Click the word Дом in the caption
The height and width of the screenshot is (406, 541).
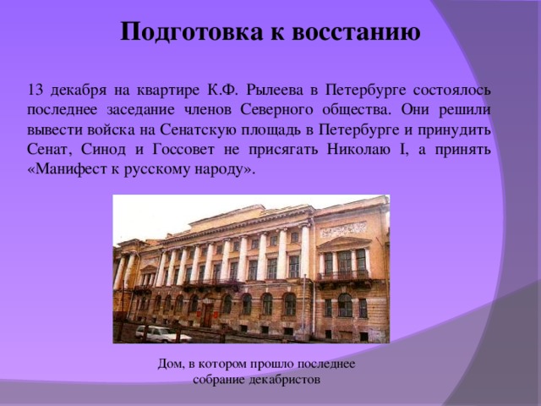click(169, 363)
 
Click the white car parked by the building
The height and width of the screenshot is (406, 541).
click(161, 333)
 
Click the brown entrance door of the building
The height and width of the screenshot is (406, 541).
click(207, 315)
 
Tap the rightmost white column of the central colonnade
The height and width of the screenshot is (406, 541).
click(304, 251)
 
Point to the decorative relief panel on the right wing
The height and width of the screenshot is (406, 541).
click(342, 229)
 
